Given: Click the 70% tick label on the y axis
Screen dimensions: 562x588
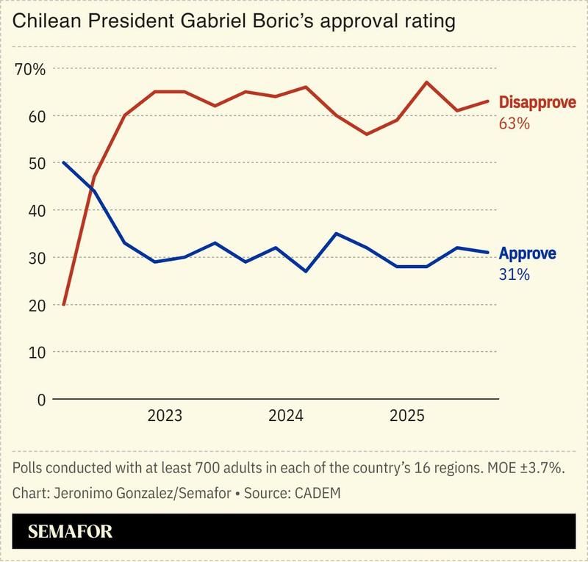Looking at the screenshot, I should [30, 69].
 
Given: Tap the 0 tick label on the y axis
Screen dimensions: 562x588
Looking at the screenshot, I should [40, 400].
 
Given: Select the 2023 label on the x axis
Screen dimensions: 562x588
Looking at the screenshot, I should [165, 417].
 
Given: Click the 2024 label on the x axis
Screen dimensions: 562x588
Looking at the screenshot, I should [286, 417].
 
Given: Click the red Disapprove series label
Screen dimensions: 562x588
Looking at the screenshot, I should [537, 103].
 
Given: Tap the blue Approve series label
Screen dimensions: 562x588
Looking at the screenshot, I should [528, 254].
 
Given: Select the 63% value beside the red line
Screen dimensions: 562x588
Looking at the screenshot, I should [514, 123].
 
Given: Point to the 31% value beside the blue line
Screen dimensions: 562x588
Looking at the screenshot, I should [514, 275].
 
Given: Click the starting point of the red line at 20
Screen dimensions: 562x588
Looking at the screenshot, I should [64, 304].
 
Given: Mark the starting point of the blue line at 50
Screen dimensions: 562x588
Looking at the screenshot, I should [64, 162].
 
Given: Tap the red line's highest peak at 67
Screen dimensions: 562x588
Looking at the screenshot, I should [427, 82].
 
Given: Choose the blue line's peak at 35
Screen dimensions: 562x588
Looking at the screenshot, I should [336, 234].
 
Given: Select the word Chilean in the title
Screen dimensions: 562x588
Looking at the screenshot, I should [47, 21].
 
